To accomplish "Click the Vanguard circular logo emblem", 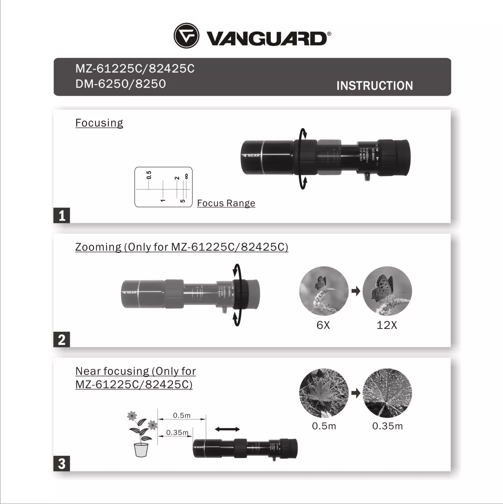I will pyautogui.click(x=186, y=35).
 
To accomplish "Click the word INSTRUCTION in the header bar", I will pyautogui.click(x=374, y=86).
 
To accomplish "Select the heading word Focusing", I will pyautogui.click(x=99, y=123).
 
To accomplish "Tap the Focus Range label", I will pyautogui.click(x=226, y=203).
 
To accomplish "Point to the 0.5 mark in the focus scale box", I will pyautogui.click(x=149, y=175).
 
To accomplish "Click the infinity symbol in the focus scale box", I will pyautogui.click(x=186, y=177).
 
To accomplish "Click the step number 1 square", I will pyautogui.click(x=62, y=215).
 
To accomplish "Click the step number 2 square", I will pyautogui.click(x=62, y=340).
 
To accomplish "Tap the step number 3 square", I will pyautogui.click(x=62, y=463).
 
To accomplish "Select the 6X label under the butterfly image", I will pyautogui.click(x=323, y=325).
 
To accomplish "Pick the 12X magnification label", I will pyautogui.click(x=387, y=325).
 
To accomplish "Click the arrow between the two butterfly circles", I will pyautogui.click(x=356, y=291).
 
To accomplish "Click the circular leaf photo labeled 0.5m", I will pyautogui.click(x=324, y=393).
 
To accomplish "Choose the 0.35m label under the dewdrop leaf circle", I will pyautogui.click(x=387, y=426).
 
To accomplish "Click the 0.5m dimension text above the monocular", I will pyautogui.click(x=182, y=415).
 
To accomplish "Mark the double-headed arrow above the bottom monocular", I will pyautogui.click(x=227, y=429).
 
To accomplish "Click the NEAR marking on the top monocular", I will pyautogui.click(x=253, y=156).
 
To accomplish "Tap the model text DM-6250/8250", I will pyautogui.click(x=121, y=84).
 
